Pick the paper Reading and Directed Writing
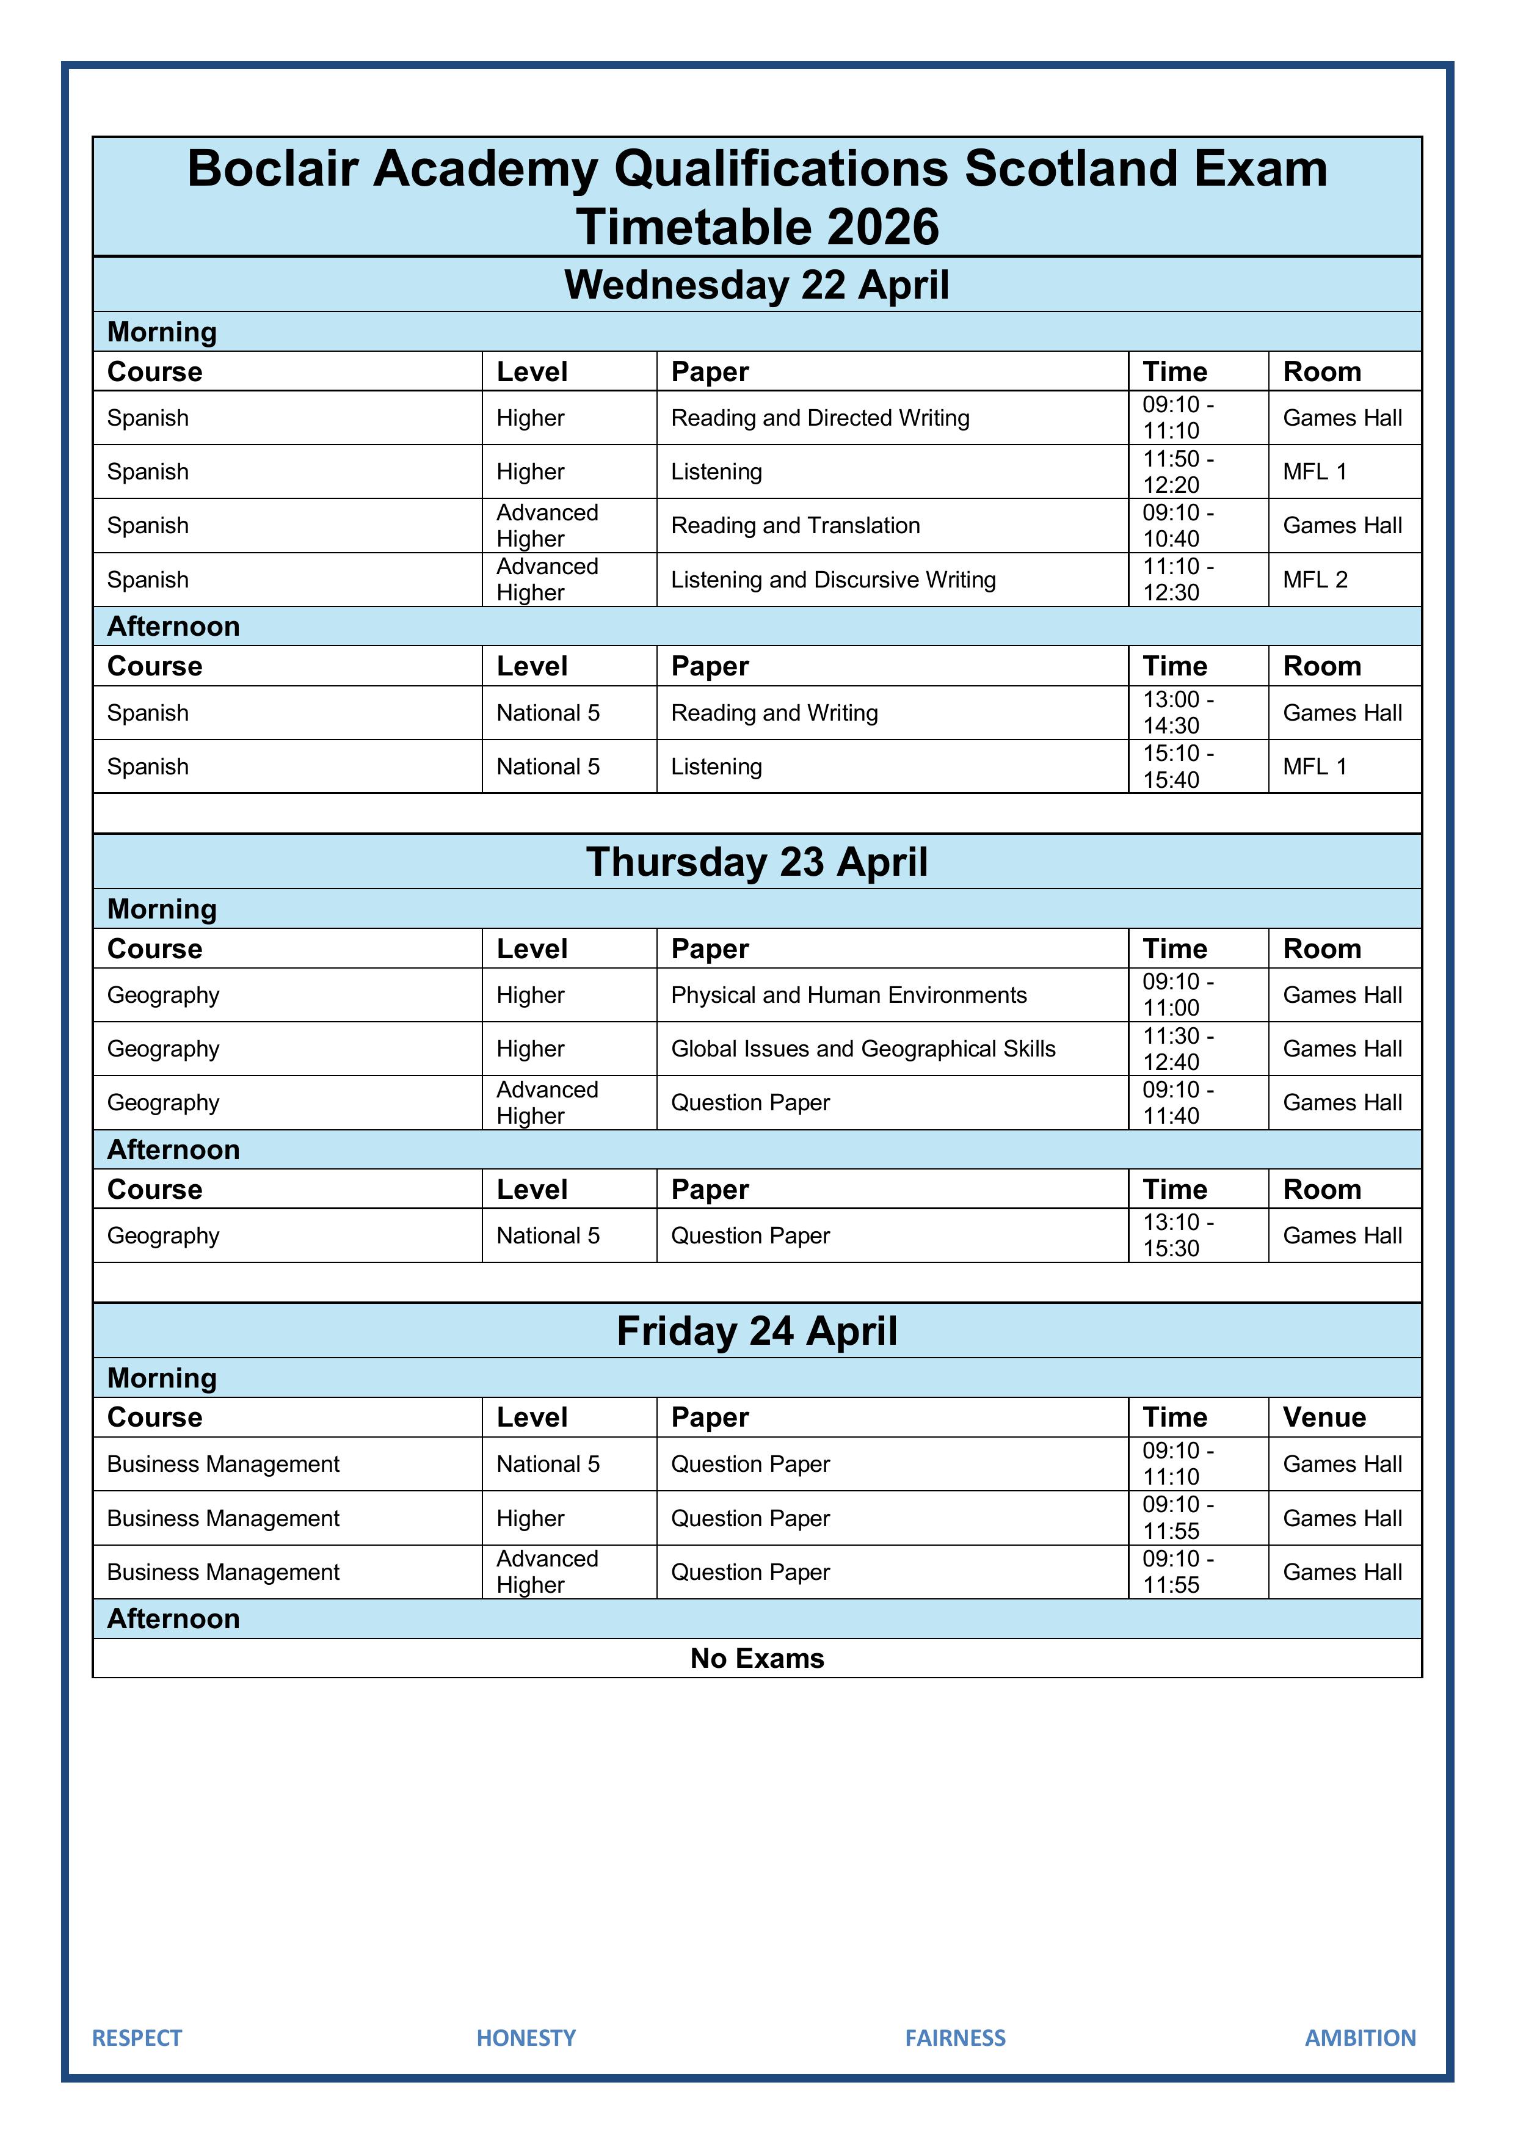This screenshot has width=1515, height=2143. [819, 418]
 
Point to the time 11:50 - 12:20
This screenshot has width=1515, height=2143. [1177, 471]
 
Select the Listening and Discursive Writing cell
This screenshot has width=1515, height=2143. [833, 580]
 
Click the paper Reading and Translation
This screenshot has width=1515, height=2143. [795, 525]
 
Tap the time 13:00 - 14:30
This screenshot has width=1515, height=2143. [1177, 712]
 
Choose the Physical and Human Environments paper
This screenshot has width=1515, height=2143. [849, 995]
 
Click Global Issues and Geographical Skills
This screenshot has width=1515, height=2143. [862, 1049]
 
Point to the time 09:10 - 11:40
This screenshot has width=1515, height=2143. [1177, 1102]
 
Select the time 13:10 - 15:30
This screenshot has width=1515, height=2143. [1177, 1235]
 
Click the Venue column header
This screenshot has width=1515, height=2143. [1324, 1417]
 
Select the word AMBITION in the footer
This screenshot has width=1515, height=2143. [1359, 2037]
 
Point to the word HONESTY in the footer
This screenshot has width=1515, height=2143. [526, 2037]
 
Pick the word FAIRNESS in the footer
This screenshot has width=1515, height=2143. [955, 2037]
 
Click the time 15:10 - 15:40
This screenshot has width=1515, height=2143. [1177, 766]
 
